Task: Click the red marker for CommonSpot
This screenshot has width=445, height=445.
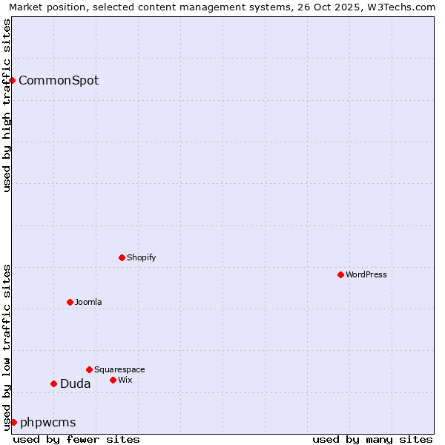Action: pyautogui.click(x=13, y=80)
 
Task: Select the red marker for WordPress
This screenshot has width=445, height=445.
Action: pyautogui.click(x=340, y=274)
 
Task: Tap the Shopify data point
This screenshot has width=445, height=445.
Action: pyautogui.click(x=122, y=257)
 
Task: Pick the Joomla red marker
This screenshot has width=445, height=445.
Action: pyautogui.click(x=70, y=302)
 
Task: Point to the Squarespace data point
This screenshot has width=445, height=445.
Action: pyautogui.click(x=89, y=369)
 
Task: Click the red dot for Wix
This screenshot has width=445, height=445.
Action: pyautogui.click(x=113, y=380)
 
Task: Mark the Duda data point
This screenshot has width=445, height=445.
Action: pyautogui.click(x=53, y=383)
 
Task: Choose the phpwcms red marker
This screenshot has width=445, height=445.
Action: pyautogui.click(x=13, y=422)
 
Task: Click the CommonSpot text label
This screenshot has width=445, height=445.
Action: pyautogui.click(x=59, y=81)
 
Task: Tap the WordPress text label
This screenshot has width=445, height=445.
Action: pyautogui.click(x=366, y=274)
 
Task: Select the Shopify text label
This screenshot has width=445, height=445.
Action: pyautogui.click(x=141, y=257)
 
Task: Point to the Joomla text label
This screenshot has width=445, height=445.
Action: pyautogui.click(x=88, y=302)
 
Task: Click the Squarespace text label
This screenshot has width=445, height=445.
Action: pyautogui.click(x=119, y=369)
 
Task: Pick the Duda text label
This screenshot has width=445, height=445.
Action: pyautogui.click(x=75, y=384)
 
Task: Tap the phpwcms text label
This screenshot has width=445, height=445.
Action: pyautogui.click(x=48, y=423)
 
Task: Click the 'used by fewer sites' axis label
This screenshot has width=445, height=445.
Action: pyautogui.click(x=76, y=439)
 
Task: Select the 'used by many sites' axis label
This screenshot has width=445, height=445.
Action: pyautogui.click(x=372, y=439)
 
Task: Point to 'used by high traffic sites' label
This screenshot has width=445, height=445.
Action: pyautogui.click(x=7, y=105)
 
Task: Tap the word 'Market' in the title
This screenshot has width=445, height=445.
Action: pyautogui.click(x=26, y=7)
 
